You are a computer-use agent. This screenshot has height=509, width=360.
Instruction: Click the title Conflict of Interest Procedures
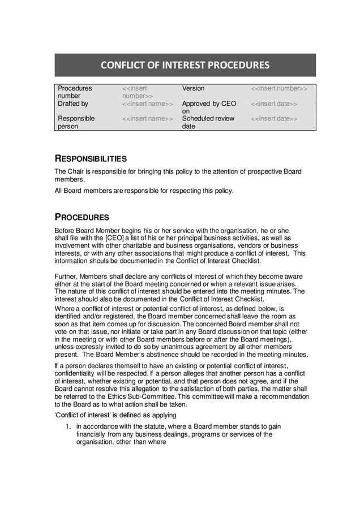point(185,65)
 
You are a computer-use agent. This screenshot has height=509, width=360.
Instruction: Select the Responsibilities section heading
point(91,158)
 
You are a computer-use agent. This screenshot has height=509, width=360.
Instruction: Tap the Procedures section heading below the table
point(82,217)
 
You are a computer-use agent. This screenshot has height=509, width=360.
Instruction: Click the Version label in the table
point(193,89)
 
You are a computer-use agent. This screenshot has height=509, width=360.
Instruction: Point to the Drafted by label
point(73,104)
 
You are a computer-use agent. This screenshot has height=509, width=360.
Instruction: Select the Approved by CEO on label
point(208,107)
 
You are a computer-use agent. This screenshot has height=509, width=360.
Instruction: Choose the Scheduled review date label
point(208,123)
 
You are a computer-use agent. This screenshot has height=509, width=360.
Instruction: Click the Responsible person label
point(76,123)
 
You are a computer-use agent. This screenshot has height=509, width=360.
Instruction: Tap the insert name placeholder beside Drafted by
point(148,104)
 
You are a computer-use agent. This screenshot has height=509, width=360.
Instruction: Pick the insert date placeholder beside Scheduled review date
point(274,119)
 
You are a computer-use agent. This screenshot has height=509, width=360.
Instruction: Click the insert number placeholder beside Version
point(279,89)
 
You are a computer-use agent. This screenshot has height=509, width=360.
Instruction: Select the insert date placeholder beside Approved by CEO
point(274,104)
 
